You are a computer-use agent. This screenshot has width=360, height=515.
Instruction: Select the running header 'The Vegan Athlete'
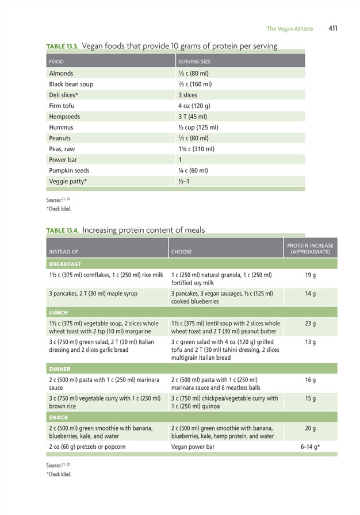click(x=290, y=29)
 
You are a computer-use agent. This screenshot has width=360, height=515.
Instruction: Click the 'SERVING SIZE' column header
click(x=194, y=62)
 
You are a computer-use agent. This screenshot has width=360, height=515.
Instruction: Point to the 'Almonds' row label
click(x=61, y=74)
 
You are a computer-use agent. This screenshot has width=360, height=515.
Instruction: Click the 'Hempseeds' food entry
click(x=64, y=117)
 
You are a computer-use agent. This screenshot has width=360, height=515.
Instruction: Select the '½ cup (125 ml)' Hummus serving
click(x=198, y=128)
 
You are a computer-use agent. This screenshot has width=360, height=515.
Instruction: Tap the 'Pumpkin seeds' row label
click(x=69, y=171)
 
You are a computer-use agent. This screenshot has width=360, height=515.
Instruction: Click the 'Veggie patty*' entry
click(x=68, y=182)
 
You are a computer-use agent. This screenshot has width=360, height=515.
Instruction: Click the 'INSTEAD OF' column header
click(x=64, y=252)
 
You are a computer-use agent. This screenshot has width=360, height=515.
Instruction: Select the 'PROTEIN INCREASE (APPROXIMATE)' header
click(x=310, y=249)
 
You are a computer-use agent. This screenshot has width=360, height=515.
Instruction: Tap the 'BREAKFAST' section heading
click(x=65, y=264)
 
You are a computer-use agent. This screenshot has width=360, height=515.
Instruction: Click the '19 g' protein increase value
click(x=310, y=275)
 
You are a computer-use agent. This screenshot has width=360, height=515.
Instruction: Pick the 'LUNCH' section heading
click(x=58, y=313)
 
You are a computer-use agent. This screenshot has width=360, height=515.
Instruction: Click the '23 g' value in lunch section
click(x=310, y=324)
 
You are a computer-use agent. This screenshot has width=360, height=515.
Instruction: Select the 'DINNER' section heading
click(x=60, y=369)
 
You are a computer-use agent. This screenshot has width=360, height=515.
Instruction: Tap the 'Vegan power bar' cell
click(x=193, y=447)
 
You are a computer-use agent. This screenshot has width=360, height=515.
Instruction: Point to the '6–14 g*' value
click(x=310, y=447)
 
